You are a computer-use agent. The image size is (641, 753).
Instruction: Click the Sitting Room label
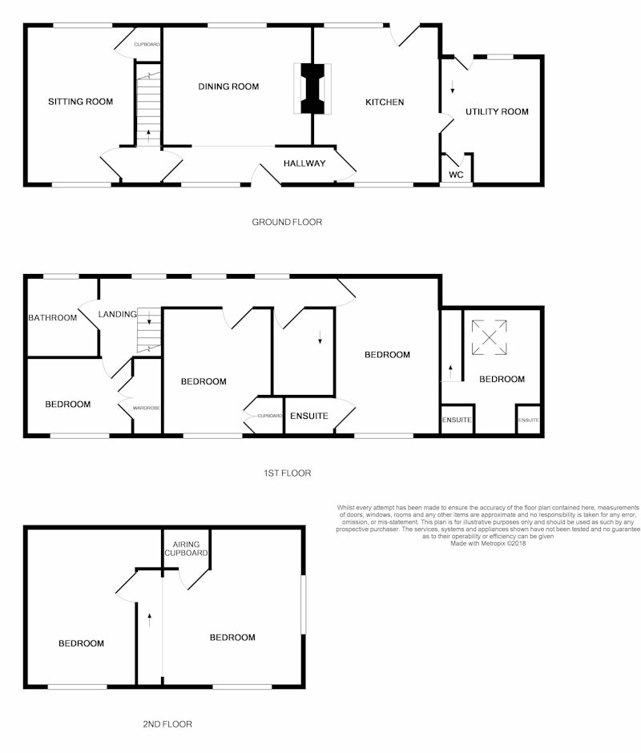click(80, 101)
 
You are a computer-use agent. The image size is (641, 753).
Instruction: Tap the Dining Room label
click(228, 87)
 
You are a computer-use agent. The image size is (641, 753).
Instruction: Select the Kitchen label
click(385, 102)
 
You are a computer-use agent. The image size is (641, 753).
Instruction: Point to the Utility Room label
click(497, 111)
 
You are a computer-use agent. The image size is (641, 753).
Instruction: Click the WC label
click(456, 175)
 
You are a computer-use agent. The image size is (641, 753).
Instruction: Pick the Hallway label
click(304, 163)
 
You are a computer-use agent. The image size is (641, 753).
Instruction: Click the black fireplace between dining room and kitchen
click(312, 89)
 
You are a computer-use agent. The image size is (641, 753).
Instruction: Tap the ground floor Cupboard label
click(147, 44)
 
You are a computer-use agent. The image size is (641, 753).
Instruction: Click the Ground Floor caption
click(287, 222)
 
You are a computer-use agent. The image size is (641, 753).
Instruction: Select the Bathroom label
click(52, 317)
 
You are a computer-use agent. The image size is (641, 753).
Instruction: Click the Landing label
click(117, 314)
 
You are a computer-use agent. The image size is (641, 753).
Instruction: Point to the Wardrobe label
click(146, 409)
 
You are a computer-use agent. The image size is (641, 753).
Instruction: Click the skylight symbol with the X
click(489, 337)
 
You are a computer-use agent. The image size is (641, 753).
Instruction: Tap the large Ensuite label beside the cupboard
click(309, 416)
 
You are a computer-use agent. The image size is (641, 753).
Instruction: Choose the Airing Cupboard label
click(186, 549)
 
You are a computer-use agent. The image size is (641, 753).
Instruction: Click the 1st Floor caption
click(288, 473)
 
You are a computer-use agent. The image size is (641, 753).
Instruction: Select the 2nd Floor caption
click(167, 724)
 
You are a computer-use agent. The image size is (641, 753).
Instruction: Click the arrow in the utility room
click(452, 87)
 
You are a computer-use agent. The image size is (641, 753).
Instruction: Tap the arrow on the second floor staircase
click(150, 619)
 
